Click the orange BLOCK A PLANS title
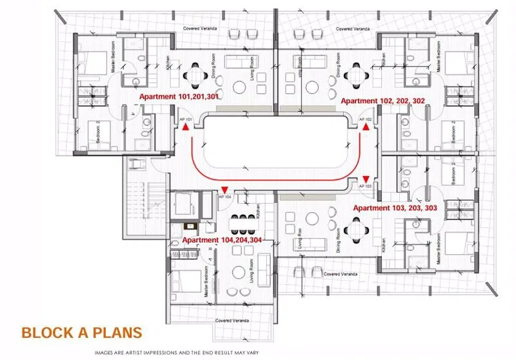coord(81,334)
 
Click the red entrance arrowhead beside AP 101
coord(186,128)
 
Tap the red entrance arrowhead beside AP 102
coord(366,128)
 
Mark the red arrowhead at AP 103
coord(366,179)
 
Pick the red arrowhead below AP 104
coord(224,188)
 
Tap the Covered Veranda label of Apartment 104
coord(233,320)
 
